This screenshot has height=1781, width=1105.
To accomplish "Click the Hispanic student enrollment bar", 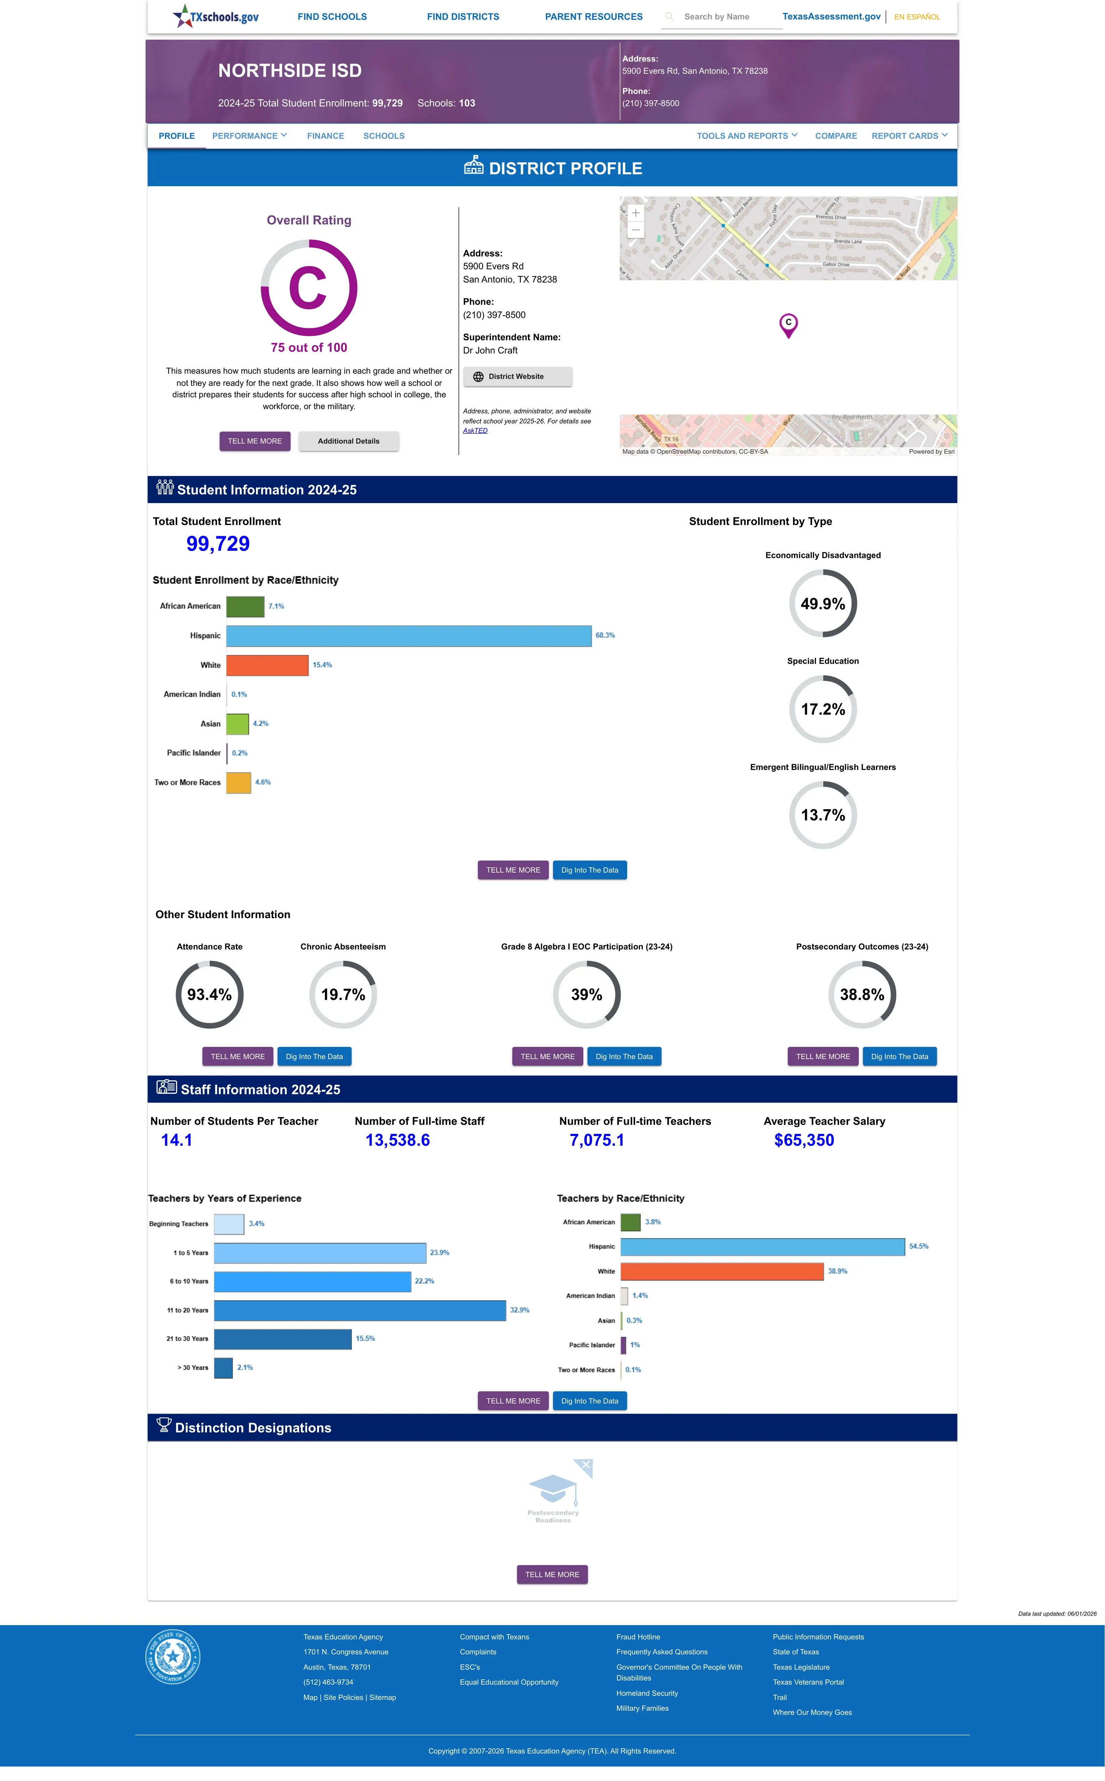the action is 409,636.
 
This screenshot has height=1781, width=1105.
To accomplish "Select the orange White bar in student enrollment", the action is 267,665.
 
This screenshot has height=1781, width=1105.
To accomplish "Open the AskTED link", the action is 475,430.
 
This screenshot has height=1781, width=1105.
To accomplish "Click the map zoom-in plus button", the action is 636,213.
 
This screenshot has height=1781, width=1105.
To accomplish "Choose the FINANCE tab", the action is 325,136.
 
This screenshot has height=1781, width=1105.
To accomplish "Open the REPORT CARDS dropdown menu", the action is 909,136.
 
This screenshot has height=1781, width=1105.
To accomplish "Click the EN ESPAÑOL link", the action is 917,17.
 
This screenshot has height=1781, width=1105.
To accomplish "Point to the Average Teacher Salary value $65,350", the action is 804,1140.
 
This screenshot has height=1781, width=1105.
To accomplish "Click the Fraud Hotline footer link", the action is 638,1637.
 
